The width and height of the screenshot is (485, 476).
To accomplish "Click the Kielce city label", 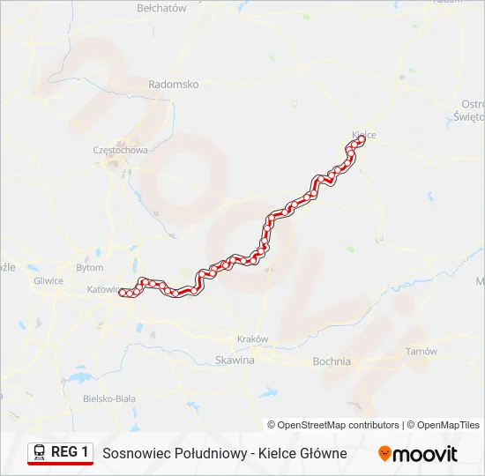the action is tap(364, 135).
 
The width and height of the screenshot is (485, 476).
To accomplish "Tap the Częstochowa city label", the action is tap(120, 150).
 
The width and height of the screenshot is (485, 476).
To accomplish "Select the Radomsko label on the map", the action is tap(174, 85).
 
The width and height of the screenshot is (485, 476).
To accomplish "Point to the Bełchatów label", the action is tap(162, 8).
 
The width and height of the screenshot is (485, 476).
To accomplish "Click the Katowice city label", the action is tap(104, 289).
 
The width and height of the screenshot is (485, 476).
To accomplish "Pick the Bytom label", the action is tap(90, 267).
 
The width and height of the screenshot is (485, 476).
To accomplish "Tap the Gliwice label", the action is tap(48, 281).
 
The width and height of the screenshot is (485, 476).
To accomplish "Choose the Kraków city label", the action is tap(253, 339).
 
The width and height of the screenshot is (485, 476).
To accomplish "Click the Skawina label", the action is tap(235, 361).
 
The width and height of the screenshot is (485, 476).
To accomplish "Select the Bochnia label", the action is tap(332, 361).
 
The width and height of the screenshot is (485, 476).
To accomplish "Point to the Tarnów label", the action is tap(421, 352).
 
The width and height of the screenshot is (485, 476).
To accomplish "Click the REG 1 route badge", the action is tap(70, 452).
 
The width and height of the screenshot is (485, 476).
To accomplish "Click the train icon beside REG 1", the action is tap(40, 452).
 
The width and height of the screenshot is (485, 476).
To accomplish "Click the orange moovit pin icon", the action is tap(384, 454).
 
